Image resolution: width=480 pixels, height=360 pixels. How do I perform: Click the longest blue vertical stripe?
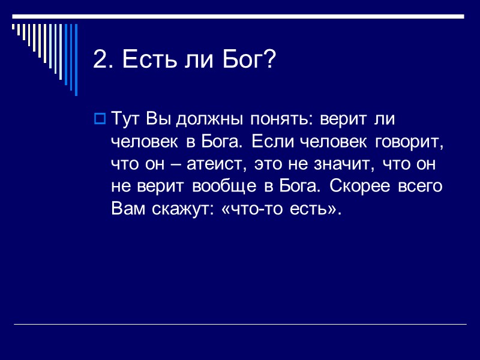76,59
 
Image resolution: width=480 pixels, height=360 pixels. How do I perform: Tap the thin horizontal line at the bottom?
240,325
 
